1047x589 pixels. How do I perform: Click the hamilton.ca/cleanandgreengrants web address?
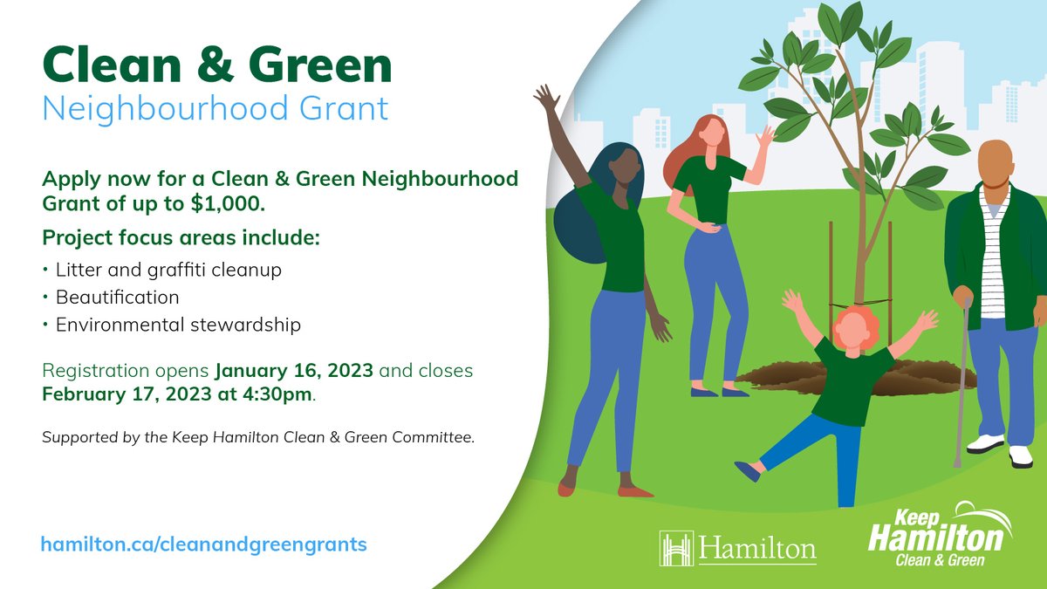(204, 544)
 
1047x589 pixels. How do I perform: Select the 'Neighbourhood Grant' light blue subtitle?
(215, 109)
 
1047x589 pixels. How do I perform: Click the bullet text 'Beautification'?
(118, 298)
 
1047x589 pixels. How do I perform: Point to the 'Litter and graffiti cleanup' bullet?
(168, 271)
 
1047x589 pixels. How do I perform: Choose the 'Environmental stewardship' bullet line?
(178, 325)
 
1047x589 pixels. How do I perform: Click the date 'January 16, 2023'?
(295, 371)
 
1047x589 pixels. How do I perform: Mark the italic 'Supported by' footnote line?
(258, 437)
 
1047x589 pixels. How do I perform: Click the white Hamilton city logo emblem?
(676, 548)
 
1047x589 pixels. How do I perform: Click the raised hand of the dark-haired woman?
(547, 97)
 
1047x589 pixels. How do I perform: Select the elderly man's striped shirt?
(993, 253)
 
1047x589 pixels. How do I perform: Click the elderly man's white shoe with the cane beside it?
(985, 443)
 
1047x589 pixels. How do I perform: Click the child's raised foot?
(747, 471)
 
